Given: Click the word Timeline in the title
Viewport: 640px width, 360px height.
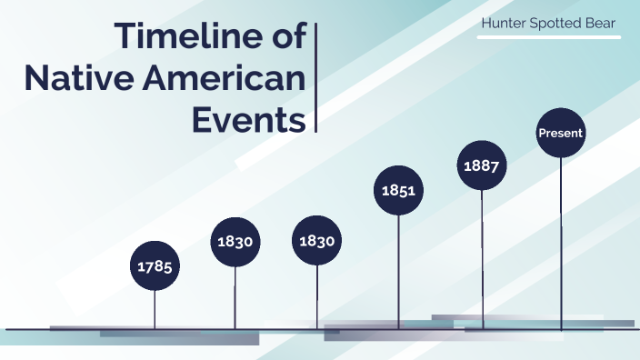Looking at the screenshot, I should coord(185,37).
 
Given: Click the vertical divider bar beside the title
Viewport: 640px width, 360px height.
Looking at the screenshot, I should coord(315,79).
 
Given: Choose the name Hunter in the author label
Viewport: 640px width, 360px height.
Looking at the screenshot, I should coord(504,22).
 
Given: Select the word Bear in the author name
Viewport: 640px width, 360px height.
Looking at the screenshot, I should coord(601,22).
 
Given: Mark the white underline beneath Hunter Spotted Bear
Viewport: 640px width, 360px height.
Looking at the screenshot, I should coord(551,37).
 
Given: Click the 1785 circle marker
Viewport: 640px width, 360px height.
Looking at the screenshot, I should coord(155,265).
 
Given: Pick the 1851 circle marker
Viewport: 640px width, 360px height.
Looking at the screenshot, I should coord(398,191).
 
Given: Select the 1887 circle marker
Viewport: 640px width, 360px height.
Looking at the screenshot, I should coord(482,166).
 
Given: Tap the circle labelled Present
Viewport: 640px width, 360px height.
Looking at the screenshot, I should coord(561,134).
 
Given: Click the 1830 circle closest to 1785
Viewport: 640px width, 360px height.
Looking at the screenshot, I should coord(235,242).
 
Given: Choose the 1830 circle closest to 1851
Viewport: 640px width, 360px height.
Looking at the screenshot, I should coord(317,242).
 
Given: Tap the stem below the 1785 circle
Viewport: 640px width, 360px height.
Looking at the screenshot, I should coord(155,309).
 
